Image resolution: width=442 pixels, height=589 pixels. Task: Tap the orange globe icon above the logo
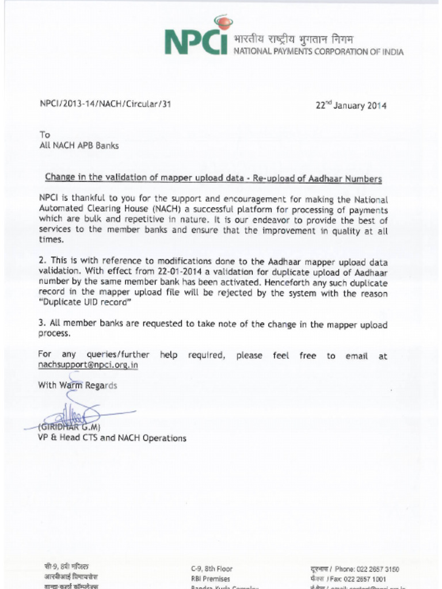point(223,23)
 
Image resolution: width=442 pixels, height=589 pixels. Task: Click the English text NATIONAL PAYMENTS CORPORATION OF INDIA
point(318,52)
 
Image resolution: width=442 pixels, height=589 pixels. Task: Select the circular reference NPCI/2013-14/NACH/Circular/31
point(105,104)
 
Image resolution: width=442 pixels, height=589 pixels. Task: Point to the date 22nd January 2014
point(351,105)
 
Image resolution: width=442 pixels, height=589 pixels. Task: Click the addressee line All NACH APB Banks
point(78,146)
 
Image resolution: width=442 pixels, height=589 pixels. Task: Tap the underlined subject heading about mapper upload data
point(213,179)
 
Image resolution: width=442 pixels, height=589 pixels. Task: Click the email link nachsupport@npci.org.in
point(88,365)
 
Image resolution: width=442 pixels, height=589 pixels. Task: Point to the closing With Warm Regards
point(78,385)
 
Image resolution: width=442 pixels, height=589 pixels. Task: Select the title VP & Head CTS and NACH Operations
point(112,438)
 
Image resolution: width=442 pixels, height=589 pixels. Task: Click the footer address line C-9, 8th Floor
point(212,569)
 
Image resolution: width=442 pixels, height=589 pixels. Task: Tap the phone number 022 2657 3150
point(379,569)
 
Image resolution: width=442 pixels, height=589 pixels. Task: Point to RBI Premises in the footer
point(211,579)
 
